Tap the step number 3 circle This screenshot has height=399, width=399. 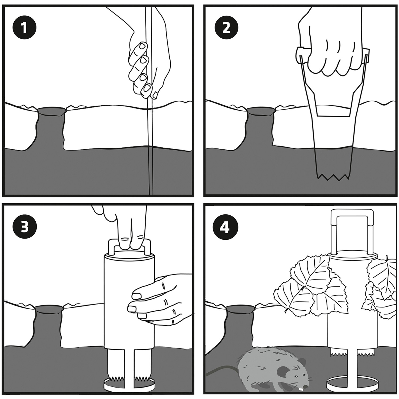coord(24,228)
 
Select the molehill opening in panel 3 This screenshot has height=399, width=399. coord(49,309)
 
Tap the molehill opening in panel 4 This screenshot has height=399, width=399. coord(240,309)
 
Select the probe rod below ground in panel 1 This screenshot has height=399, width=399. coord(150,170)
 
